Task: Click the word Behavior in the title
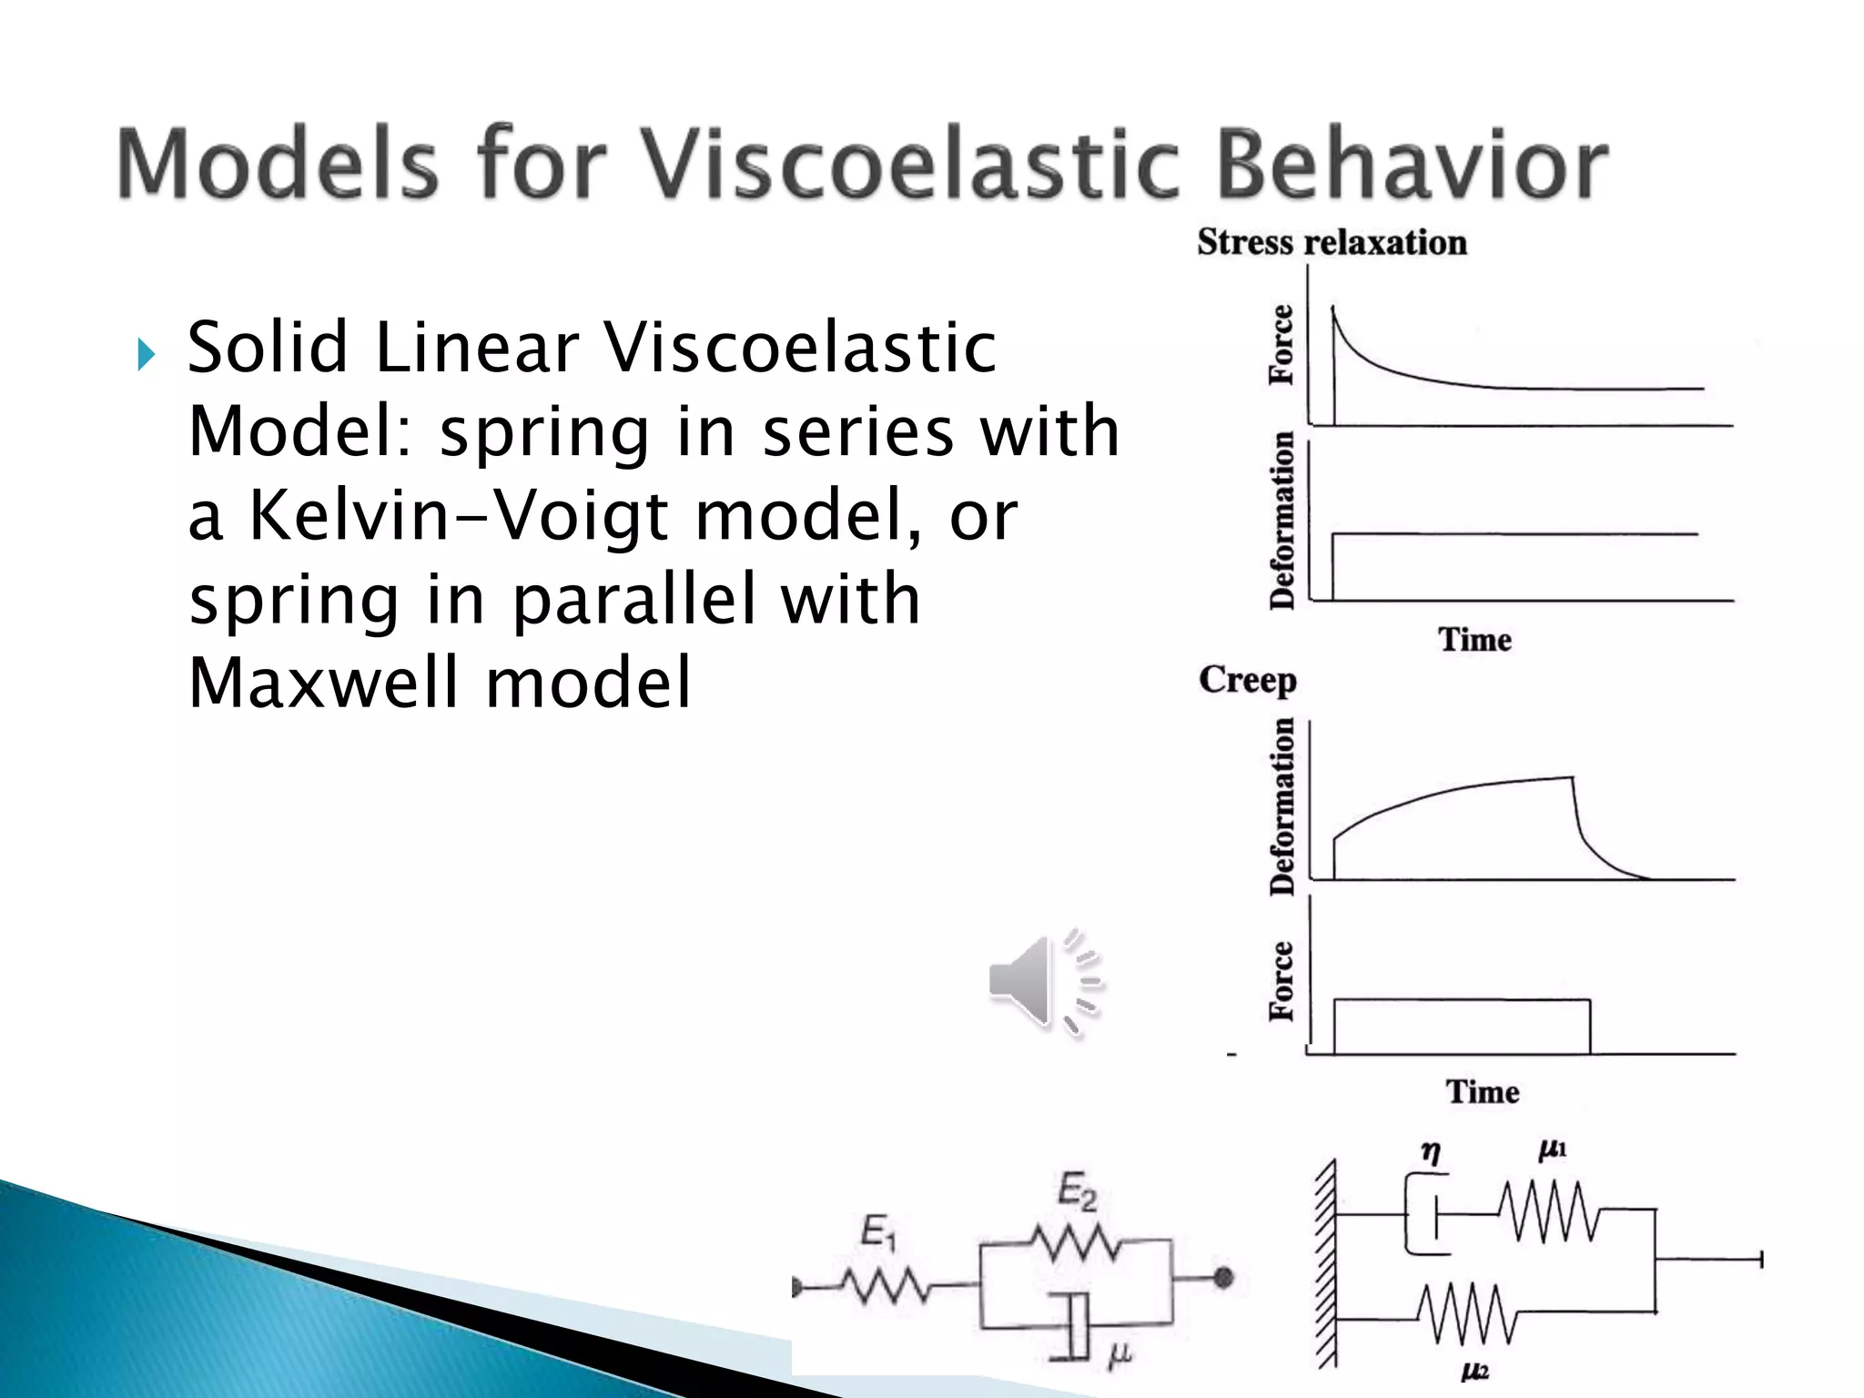[1411, 164]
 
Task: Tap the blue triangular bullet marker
[147, 354]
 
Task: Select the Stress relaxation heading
[1332, 242]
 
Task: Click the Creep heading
[1247, 679]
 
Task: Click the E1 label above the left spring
[879, 1232]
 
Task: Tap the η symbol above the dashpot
[1431, 1152]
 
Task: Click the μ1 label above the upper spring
[1552, 1150]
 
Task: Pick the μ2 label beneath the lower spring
[1474, 1371]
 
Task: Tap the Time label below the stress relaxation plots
[1474, 639]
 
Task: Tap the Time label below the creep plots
[1483, 1091]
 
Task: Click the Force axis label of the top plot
[1281, 345]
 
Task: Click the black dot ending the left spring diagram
[1223, 1278]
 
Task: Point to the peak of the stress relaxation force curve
[1333, 309]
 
